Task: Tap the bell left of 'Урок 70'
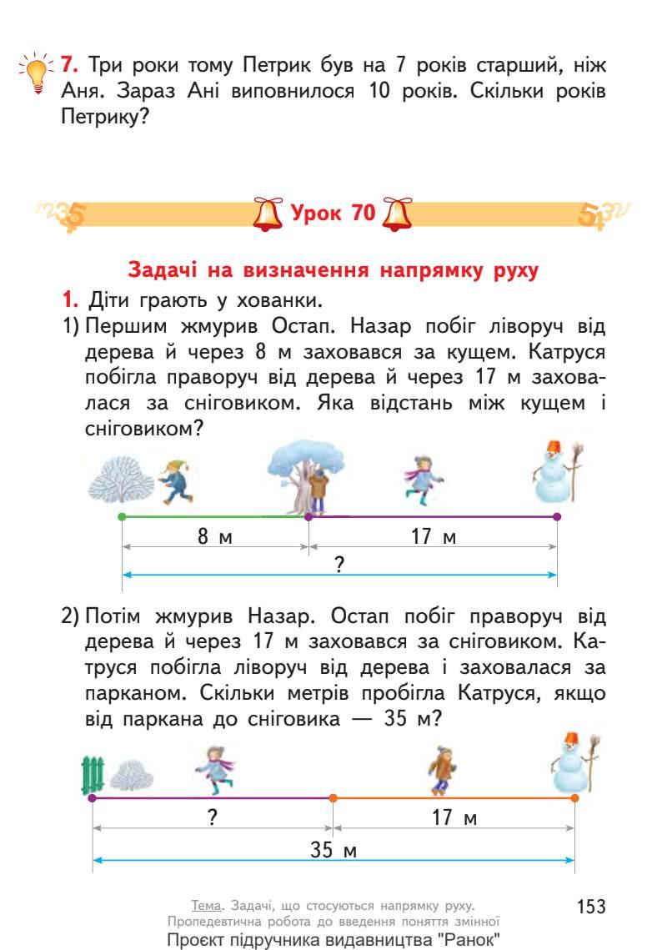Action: pyautogui.click(x=268, y=214)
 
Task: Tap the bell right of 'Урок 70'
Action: pyautogui.click(x=396, y=214)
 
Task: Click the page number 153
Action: pyautogui.click(x=589, y=907)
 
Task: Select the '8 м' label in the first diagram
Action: pyautogui.click(x=214, y=537)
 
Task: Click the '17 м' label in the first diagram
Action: pyautogui.click(x=434, y=537)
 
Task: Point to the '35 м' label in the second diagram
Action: pyautogui.click(x=333, y=851)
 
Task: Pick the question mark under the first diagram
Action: pyautogui.click(x=339, y=565)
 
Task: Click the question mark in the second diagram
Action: pyautogui.click(x=213, y=818)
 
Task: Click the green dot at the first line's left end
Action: pyautogui.click(x=123, y=517)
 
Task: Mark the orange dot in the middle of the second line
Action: pyautogui.click(x=333, y=798)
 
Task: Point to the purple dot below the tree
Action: pyautogui.click(x=308, y=517)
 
